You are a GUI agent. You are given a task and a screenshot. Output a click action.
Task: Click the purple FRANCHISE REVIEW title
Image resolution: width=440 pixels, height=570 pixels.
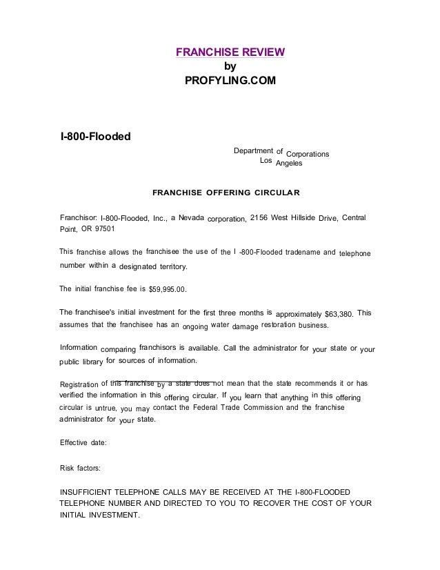(230, 53)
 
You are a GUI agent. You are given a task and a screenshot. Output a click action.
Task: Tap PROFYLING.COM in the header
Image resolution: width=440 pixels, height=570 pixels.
(230, 81)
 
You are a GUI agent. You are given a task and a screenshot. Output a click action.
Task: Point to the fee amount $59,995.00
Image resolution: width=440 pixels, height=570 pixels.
(168, 290)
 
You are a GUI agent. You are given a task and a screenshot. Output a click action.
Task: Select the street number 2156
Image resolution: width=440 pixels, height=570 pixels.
(259, 218)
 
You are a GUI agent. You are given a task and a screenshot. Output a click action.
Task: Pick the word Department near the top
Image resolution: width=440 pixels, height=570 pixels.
(253, 149)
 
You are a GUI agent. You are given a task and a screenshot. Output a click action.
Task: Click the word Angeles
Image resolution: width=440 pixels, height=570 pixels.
(289, 164)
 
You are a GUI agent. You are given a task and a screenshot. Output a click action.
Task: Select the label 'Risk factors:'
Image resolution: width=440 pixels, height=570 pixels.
(80, 468)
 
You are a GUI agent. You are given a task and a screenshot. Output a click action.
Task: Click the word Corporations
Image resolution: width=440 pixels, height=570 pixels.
(307, 153)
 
